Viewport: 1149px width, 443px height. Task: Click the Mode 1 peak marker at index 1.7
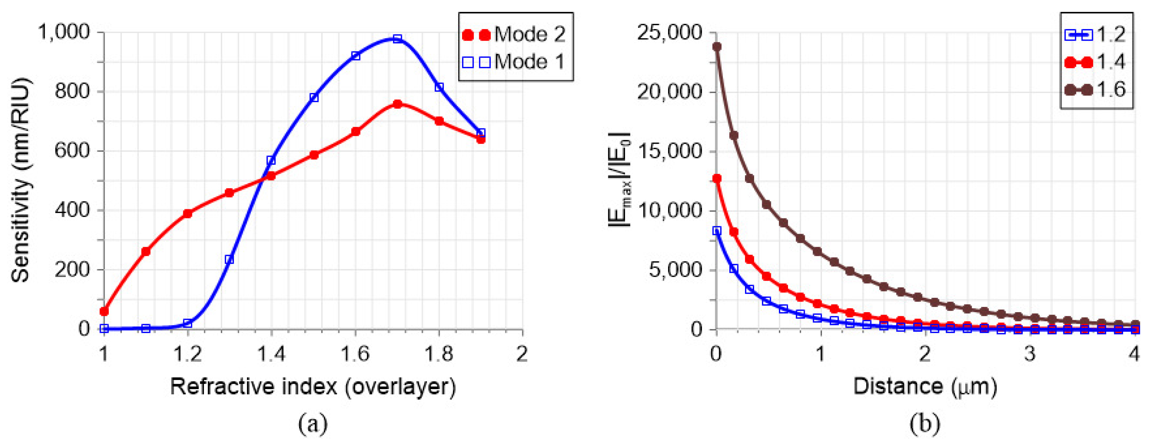tap(397, 39)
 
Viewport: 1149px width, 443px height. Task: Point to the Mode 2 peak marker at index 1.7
tap(397, 104)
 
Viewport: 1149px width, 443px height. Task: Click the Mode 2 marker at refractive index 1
tap(104, 311)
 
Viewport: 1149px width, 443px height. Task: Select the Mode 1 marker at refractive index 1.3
tap(229, 259)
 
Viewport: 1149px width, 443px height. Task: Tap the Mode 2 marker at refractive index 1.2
tap(187, 214)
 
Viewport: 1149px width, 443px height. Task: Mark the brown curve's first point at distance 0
tap(717, 47)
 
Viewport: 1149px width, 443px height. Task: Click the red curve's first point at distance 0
tap(717, 178)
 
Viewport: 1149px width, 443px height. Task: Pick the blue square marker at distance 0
tap(717, 231)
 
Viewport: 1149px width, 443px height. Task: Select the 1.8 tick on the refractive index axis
tap(439, 355)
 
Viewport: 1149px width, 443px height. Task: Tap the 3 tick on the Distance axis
tap(1030, 355)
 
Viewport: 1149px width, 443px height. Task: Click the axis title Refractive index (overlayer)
tap(313, 386)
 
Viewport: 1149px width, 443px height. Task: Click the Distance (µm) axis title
tap(925, 386)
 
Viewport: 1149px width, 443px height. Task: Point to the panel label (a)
tap(313, 424)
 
